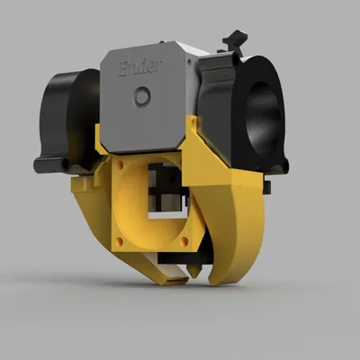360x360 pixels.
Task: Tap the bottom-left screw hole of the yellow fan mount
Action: click(113, 241)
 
